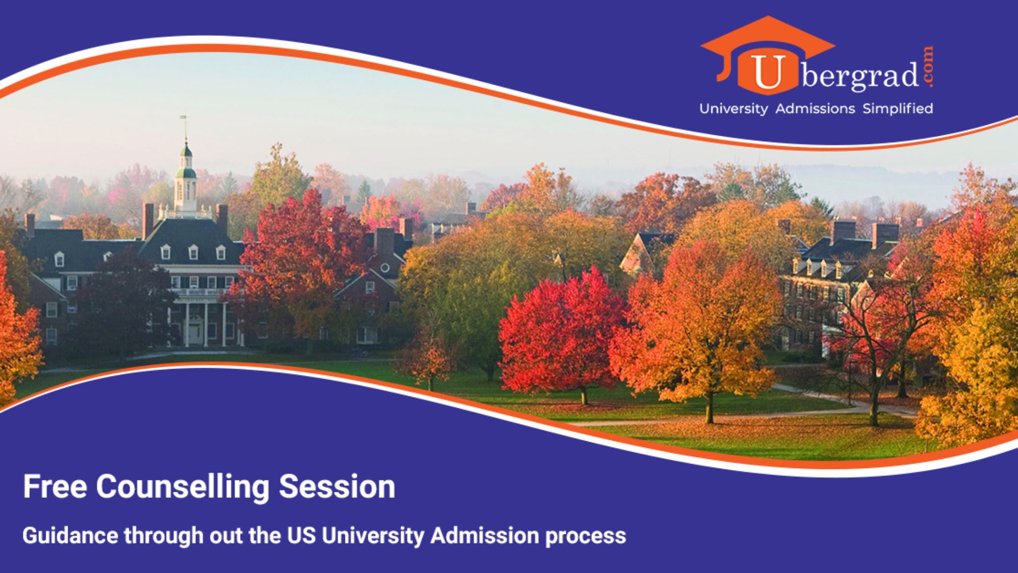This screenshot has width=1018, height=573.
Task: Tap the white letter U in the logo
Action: (x=768, y=73)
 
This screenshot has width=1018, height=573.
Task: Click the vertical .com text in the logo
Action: (x=928, y=67)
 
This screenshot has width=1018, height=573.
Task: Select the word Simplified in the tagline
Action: (x=898, y=109)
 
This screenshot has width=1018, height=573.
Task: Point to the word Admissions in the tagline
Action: (x=815, y=108)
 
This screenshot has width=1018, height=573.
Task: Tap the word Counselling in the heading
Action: (x=182, y=487)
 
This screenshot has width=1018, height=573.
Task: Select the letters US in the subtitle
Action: (x=301, y=536)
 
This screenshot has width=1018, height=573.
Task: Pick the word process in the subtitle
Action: (x=586, y=537)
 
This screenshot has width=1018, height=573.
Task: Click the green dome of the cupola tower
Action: (x=186, y=173)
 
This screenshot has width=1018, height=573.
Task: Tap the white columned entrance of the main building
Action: (x=205, y=323)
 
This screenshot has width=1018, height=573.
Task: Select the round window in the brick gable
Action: (x=385, y=268)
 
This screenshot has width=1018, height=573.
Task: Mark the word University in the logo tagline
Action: (x=734, y=109)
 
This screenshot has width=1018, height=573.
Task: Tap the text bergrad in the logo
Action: (x=860, y=76)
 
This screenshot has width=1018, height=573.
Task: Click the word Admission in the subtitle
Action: (x=485, y=536)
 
